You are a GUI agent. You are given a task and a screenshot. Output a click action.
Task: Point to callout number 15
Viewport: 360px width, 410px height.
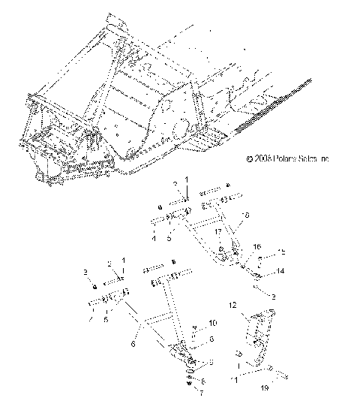click(282, 252)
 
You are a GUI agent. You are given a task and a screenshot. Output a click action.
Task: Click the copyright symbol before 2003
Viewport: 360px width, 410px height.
click(250, 159)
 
